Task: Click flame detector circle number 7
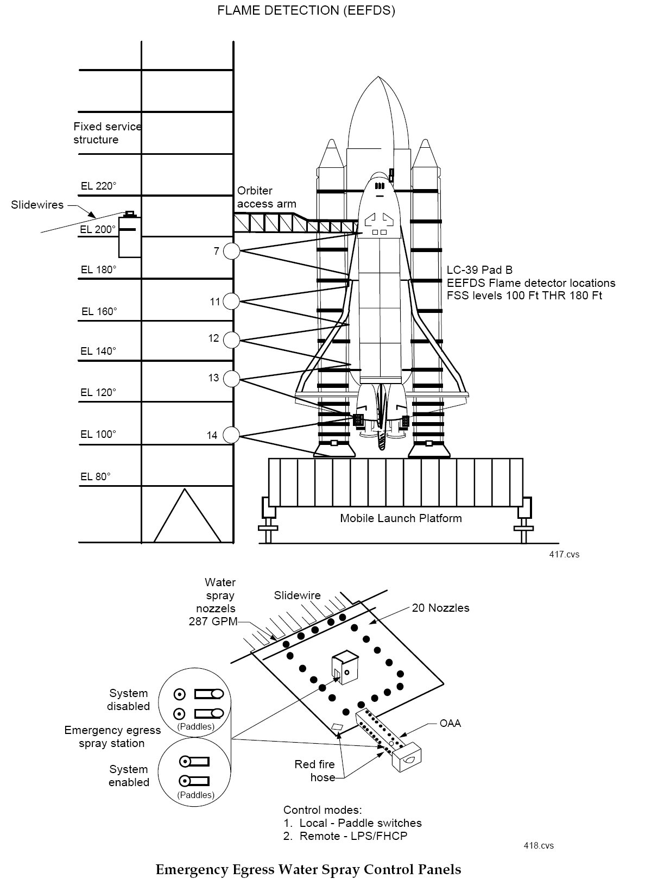coord(231,251)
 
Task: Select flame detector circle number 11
coord(231,302)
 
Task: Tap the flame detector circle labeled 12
coord(231,340)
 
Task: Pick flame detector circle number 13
coord(231,379)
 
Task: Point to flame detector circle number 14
coord(231,435)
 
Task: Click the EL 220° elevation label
coord(99,186)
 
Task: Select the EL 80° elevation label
coord(96,476)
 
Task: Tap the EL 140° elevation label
coord(98,352)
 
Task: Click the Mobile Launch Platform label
coord(401,518)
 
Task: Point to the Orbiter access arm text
coord(267,197)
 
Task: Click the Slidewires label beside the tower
coord(37,205)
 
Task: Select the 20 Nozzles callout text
coord(440,607)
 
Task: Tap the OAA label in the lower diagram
coord(450,723)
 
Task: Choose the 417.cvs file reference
coord(564,554)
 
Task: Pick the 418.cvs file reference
coord(539,845)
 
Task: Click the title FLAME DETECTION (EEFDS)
coord(306,10)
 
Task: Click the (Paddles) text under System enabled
coord(196,794)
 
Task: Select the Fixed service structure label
coord(107,133)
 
